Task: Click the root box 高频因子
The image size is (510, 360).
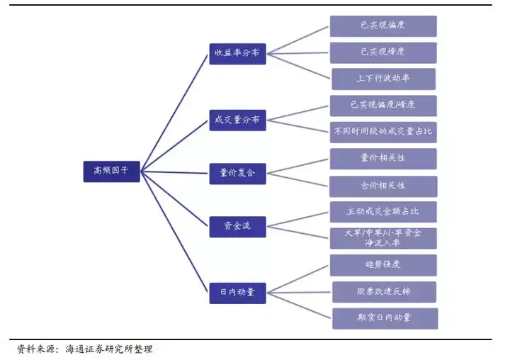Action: pos(112,171)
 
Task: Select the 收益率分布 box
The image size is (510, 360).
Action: pos(237,54)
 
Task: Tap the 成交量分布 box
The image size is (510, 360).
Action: pos(237,120)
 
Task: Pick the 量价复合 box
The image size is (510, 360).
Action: pos(237,174)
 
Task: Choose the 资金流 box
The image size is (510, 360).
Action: pos(237,227)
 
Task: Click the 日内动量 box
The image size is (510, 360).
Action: pos(237,293)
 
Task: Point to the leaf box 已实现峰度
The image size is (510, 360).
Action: pos(383,52)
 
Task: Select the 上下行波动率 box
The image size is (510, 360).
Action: pos(383,79)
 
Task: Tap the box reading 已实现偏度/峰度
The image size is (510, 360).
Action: pos(383,106)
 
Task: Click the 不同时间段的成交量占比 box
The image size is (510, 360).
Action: pos(383,132)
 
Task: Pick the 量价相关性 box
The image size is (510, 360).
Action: pos(383,159)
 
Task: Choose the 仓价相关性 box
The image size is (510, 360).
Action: pos(383,186)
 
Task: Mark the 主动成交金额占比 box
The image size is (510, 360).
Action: pos(383,212)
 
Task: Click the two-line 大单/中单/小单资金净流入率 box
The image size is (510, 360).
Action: pos(383,238)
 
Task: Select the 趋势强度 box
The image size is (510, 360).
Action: pos(383,265)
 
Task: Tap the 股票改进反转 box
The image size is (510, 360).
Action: pos(384,292)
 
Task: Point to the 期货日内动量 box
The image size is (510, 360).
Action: pos(385,318)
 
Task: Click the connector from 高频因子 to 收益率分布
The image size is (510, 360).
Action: pos(174,113)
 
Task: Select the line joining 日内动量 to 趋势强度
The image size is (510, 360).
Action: pos(297,279)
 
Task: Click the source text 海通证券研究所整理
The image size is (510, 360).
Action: pos(108,349)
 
